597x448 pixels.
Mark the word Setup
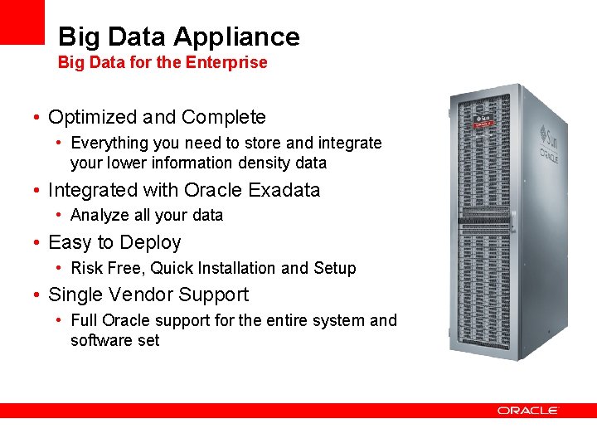tap(335, 268)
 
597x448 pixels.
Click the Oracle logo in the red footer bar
tap(527, 410)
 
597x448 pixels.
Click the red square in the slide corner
tap(22, 22)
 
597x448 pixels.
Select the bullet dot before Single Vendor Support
tap(38, 295)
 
